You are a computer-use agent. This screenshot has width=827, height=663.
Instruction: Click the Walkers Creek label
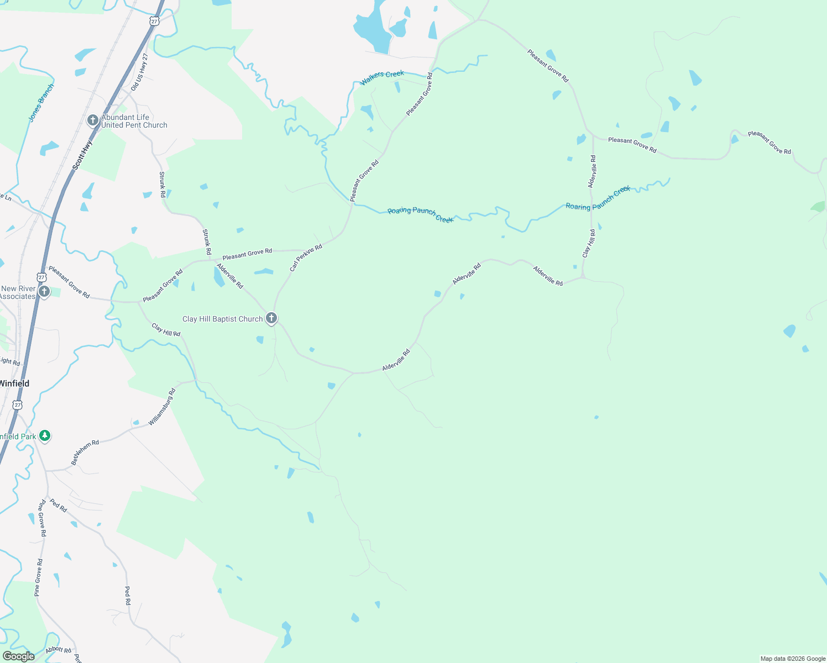click(x=382, y=78)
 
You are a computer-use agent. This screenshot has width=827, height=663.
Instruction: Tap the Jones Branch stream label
click(x=41, y=103)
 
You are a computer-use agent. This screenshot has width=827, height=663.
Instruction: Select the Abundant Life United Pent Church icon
click(x=93, y=120)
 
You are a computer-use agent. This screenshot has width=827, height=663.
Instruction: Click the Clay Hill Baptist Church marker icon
click(x=271, y=318)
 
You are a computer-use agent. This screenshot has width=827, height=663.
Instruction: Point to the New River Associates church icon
click(x=45, y=291)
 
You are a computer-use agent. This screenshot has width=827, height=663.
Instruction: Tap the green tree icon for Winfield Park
click(x=45, y=436)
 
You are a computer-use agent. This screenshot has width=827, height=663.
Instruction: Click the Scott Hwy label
click(x=83, y=154)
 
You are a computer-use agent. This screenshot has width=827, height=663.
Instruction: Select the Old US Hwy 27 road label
click(x=140, y=72)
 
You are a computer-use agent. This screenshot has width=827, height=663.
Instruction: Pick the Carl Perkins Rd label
click(x=306, y=258)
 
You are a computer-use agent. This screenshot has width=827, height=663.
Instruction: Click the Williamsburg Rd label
click(x=162, y=407)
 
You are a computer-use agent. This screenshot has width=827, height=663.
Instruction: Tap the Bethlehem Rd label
click(x=85, y=452)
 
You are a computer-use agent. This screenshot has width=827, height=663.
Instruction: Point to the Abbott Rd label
click(x=59, y=650)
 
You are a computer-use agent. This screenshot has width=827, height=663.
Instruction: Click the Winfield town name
click(x=14, y=383)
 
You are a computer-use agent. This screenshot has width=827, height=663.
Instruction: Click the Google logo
click(x=18, y=656)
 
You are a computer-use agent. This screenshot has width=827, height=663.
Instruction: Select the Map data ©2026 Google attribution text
click(x=793, y=659)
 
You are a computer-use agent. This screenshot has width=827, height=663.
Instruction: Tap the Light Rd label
click(x=10, y=361)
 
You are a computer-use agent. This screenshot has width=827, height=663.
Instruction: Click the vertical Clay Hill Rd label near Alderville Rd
click(x=589, y=244)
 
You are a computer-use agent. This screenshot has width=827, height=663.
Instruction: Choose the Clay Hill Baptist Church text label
click(x=222, y=319)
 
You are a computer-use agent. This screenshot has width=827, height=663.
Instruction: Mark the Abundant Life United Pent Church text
click(x=134, y=121)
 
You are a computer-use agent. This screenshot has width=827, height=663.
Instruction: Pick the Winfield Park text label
click(x=18, y=436)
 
